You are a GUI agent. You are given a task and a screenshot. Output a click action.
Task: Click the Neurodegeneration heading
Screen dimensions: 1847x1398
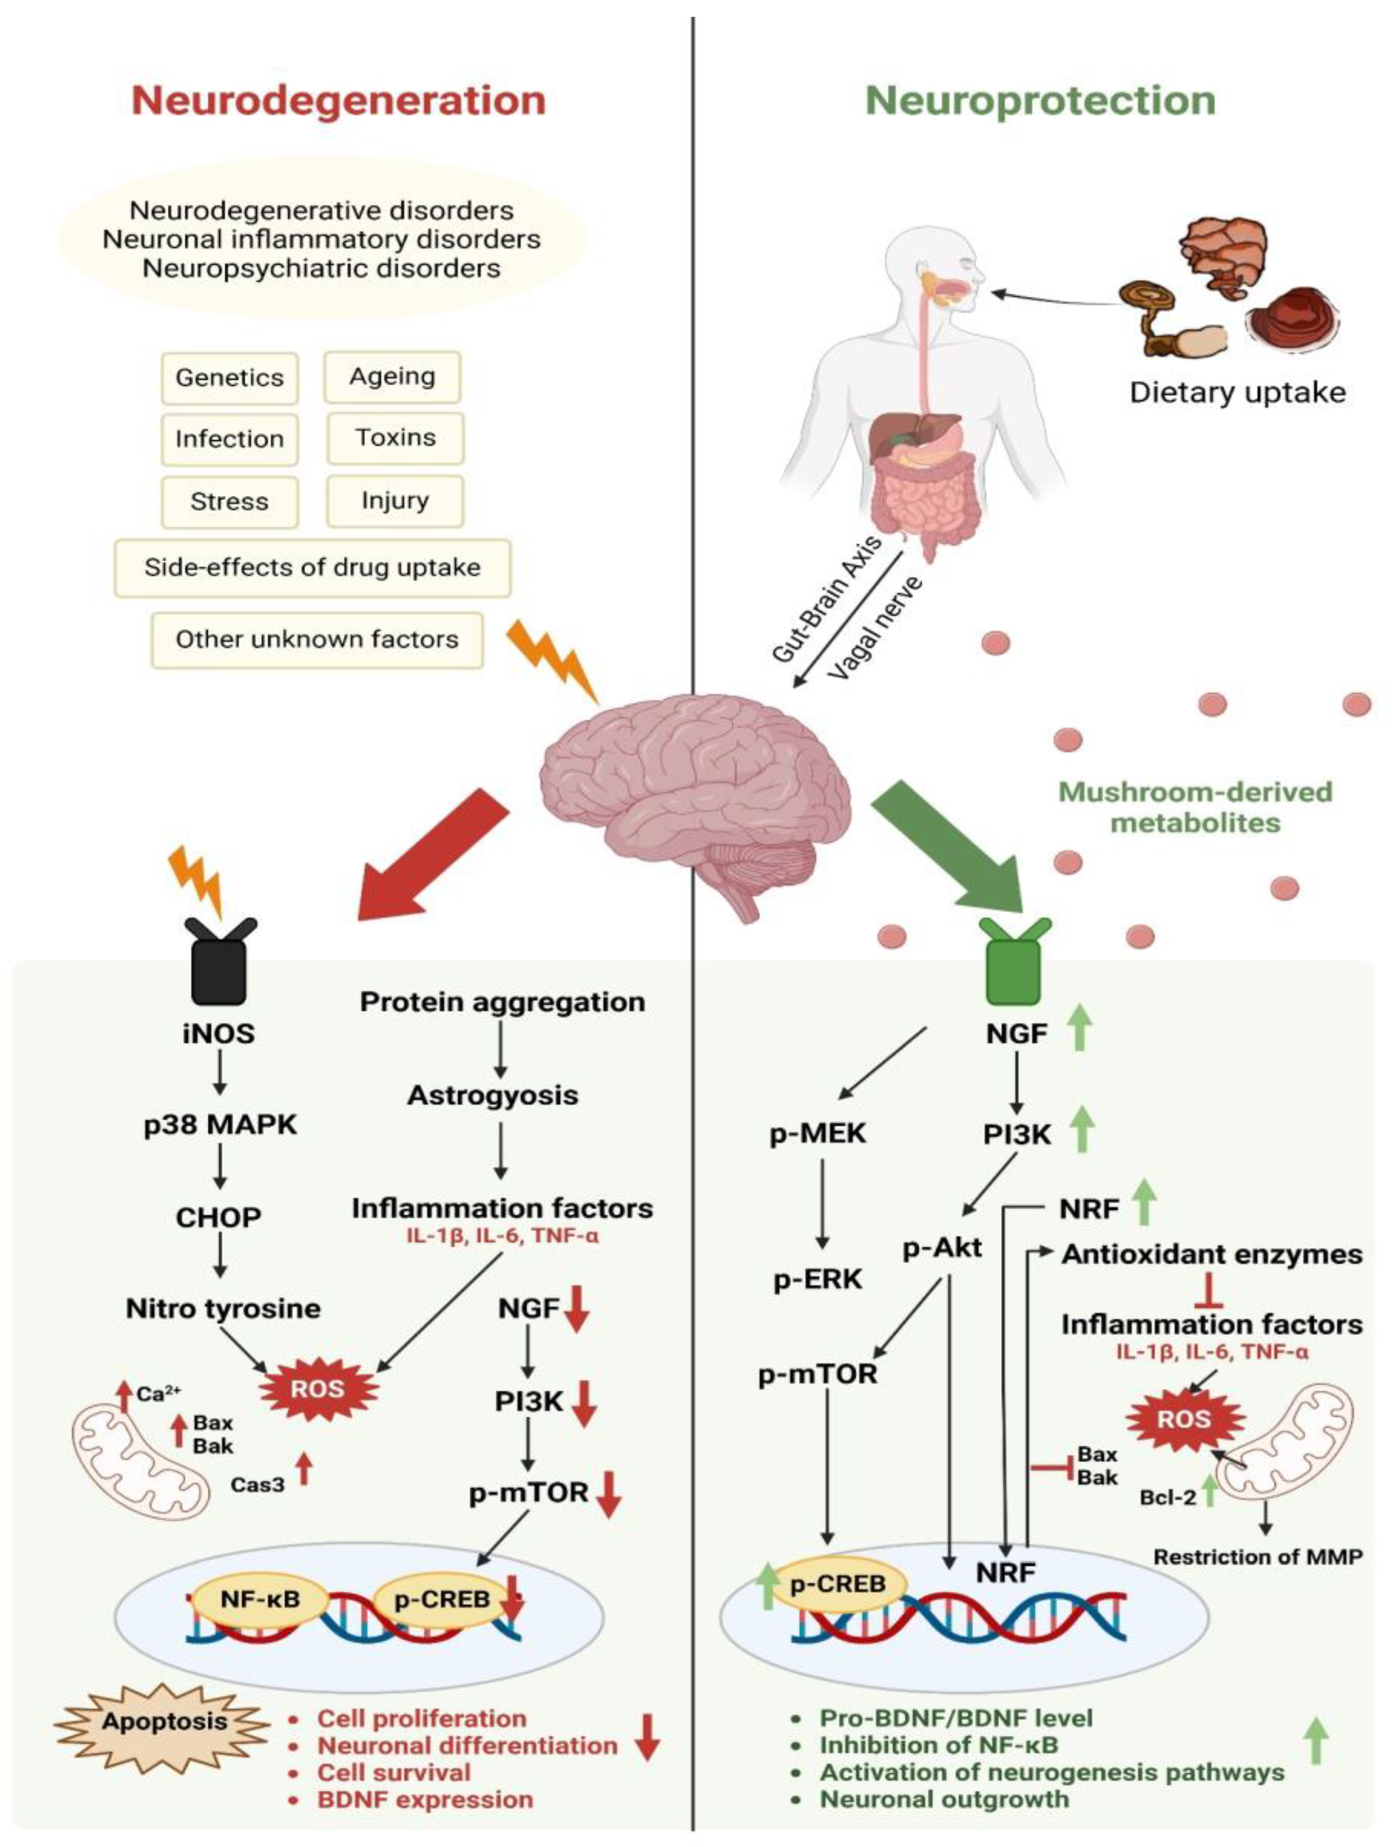point(338,100)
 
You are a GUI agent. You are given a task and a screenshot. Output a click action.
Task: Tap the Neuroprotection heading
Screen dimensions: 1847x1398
point(1040,100)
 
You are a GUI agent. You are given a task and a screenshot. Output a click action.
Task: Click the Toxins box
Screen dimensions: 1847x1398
point(395,438)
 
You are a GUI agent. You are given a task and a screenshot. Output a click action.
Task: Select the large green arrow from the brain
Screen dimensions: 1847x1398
point(952,843)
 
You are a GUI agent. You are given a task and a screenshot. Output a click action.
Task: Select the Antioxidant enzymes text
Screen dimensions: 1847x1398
point(1211,1254)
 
